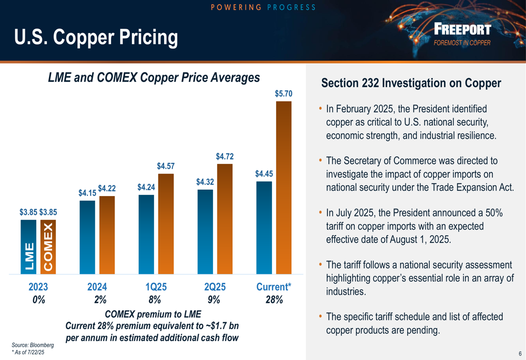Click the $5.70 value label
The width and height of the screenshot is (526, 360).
coord(284,94)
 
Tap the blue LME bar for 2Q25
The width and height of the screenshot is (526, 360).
coord(205,232)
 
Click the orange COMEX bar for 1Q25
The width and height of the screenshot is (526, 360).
coord(166,224)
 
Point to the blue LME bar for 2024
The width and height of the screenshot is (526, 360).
coord(87,237)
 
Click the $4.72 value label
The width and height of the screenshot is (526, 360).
coord(225,156)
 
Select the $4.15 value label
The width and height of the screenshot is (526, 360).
coord(87,193)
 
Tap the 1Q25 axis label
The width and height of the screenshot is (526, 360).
coord(156,287)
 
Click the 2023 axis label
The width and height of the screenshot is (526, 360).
coord(38,287)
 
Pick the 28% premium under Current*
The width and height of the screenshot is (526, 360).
coord(274,300)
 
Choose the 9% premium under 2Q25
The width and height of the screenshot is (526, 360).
coord(214,300)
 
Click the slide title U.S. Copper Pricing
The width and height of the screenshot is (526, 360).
coord(96,37)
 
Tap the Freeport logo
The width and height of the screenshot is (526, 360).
coord(462,33)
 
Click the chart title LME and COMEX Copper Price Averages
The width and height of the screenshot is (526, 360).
coord(154,78)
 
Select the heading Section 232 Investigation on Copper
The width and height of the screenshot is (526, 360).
coord(411,83)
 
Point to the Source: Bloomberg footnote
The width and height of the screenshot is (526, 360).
coord(33,345)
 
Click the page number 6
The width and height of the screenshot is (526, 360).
coord(520,353)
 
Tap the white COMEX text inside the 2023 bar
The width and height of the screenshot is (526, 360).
coord(48,247)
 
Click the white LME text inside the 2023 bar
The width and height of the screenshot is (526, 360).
coord(29,256)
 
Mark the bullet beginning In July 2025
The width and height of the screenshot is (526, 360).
coord(414,226)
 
